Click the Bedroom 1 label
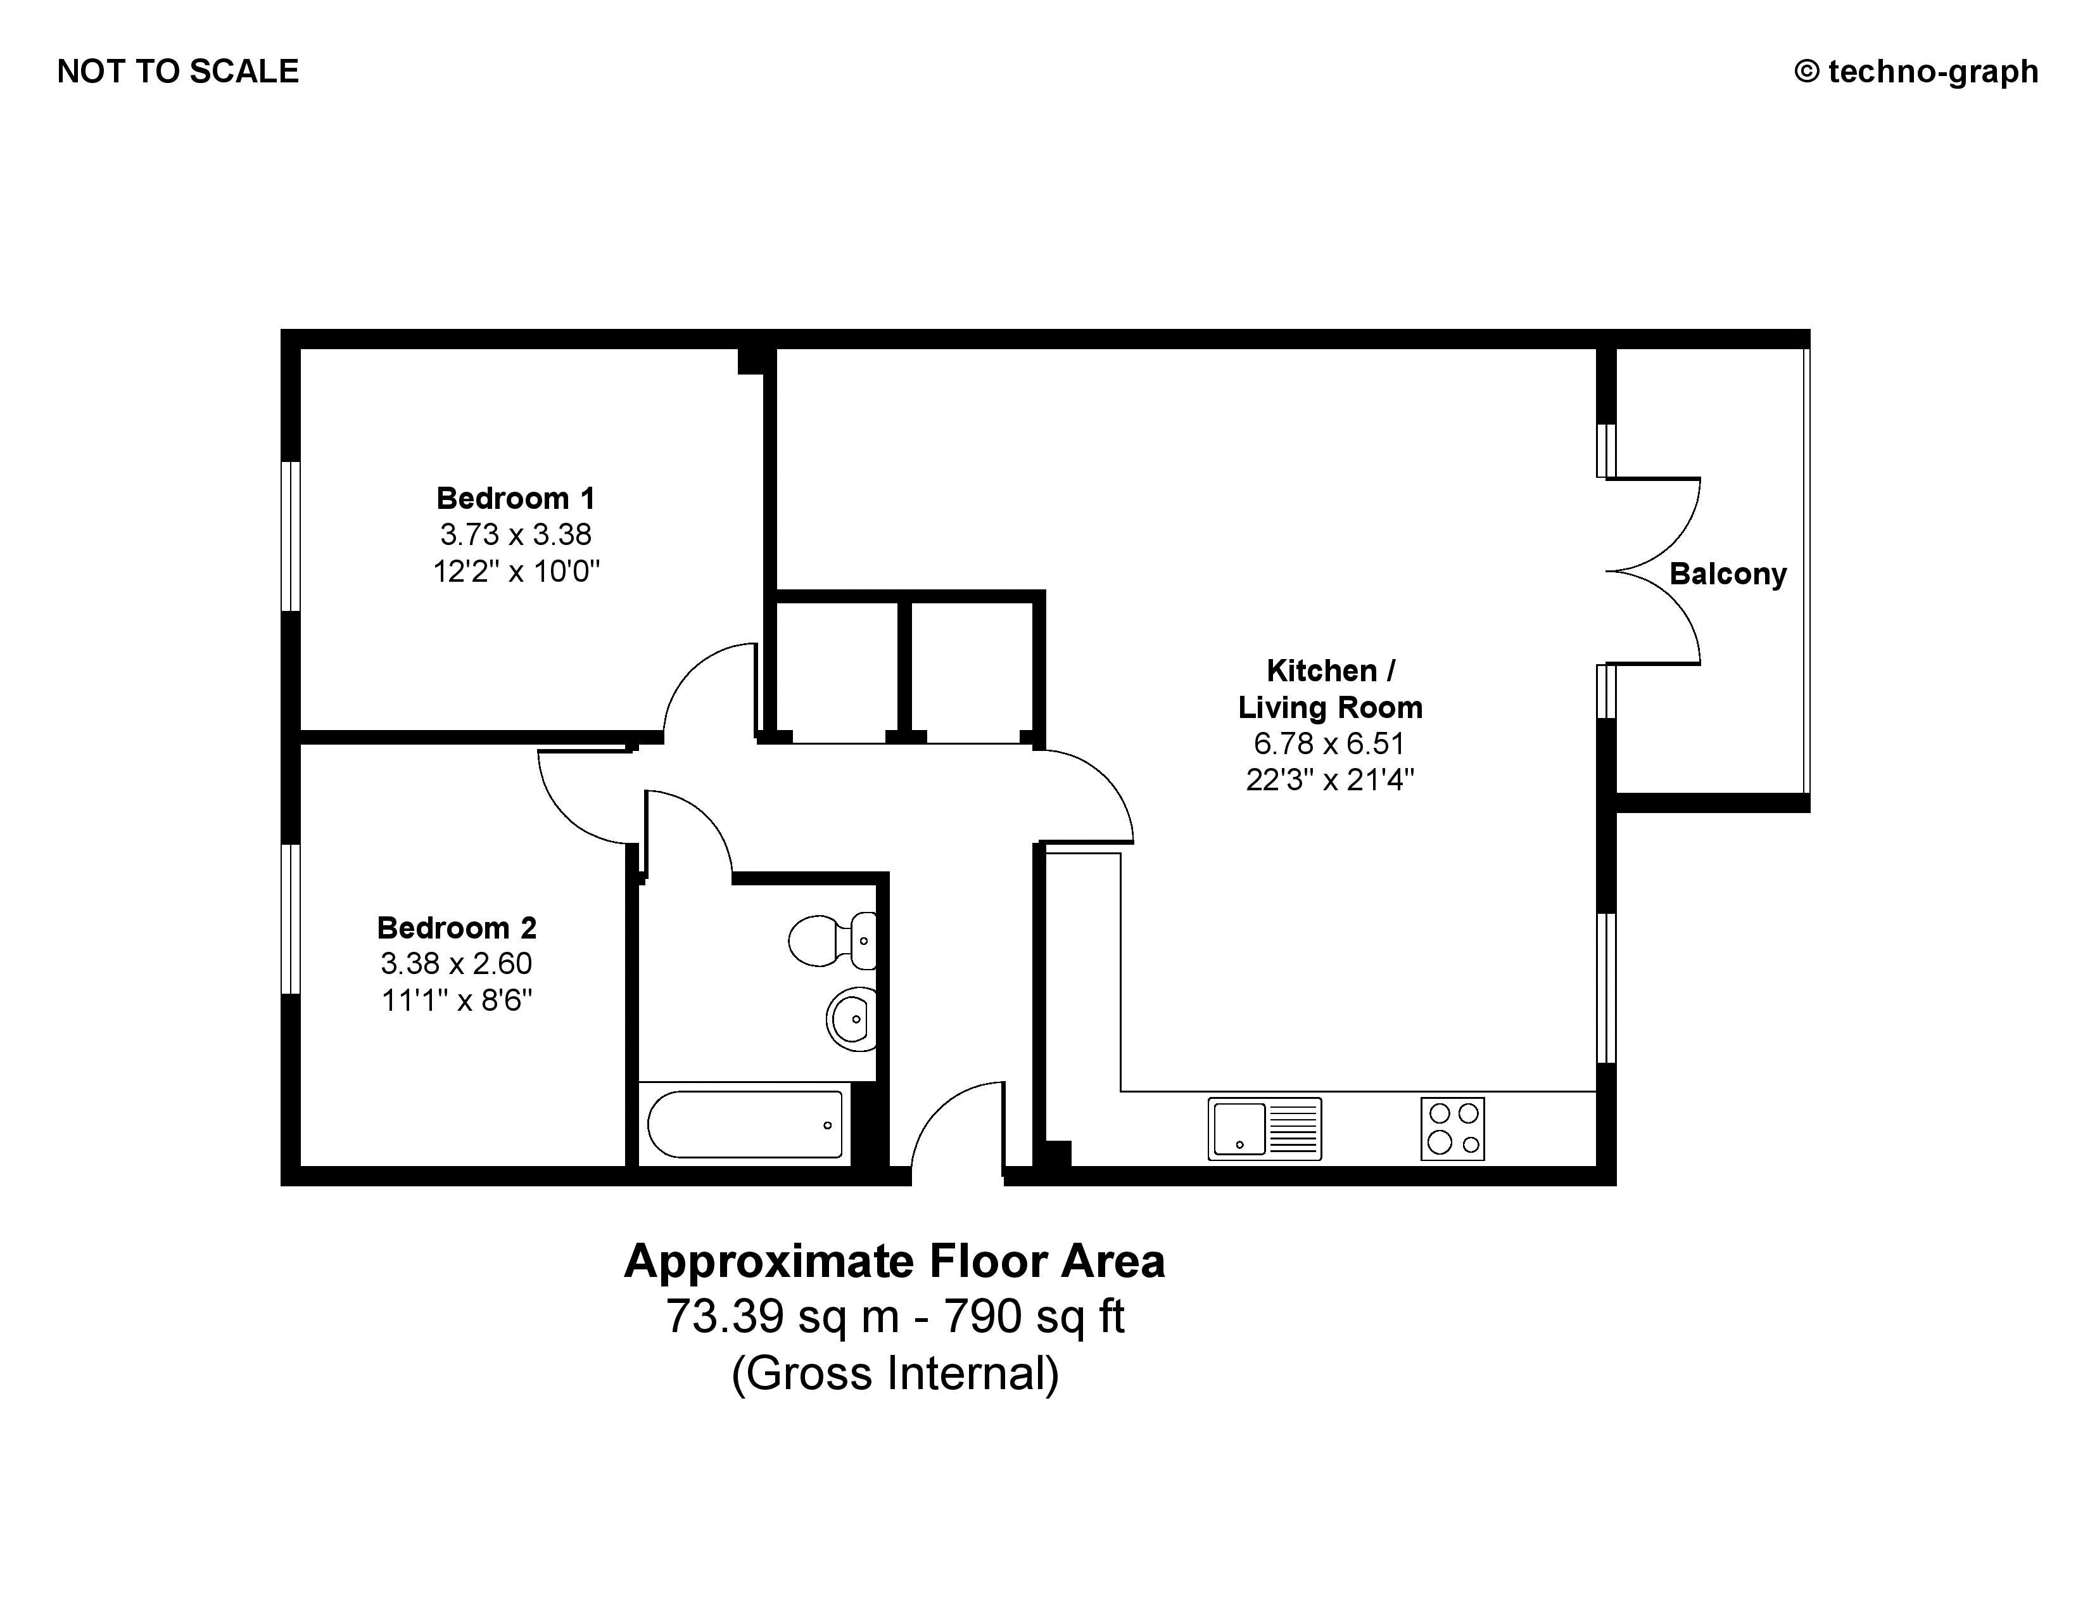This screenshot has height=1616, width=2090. [516, 498]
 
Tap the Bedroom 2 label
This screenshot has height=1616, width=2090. [457, 928]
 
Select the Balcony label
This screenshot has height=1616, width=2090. [1728, 574]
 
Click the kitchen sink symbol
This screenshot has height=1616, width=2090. [1264, 1129]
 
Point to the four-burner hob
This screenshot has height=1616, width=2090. [1453, 1129]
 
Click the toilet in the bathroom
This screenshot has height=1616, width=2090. [832, 940]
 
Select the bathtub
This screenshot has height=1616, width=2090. [745, 1124]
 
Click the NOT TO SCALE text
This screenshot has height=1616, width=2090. [178, 72]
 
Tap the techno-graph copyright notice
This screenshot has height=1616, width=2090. [1916, 72]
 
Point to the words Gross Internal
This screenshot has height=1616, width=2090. [896, 1374]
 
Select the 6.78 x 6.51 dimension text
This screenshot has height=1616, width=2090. [1329, 744]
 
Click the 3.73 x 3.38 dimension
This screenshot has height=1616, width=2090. [516, 534]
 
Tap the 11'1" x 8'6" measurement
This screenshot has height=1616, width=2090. [457, 1001]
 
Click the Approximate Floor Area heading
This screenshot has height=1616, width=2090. [895, 1261]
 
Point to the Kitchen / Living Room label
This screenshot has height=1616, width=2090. [1330, 688]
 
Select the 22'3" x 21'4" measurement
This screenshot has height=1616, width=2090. [1329, 780]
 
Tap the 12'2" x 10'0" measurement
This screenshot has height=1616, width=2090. [516, 572]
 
